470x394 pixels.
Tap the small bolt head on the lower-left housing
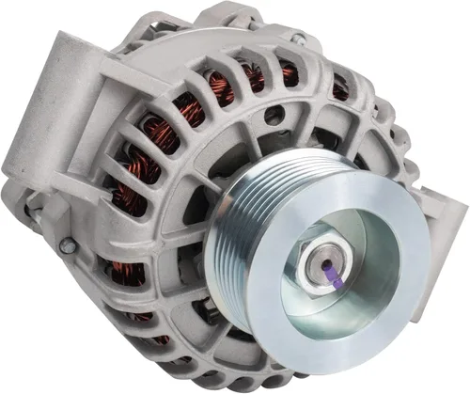pyautogui.click(x=67, y=245)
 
